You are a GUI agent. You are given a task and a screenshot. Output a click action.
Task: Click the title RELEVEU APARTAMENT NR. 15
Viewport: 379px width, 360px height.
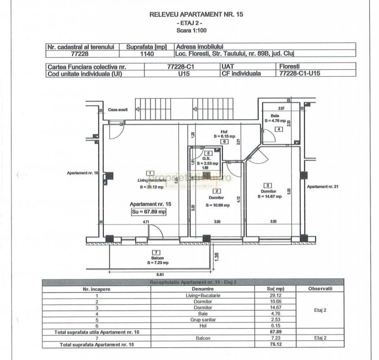[196, 15]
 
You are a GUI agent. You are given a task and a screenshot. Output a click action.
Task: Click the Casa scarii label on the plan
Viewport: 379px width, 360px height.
[118, 110]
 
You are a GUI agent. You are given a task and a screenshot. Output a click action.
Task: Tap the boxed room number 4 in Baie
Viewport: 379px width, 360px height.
[279, 130]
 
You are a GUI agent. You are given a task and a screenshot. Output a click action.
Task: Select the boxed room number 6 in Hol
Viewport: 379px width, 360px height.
[223, 141]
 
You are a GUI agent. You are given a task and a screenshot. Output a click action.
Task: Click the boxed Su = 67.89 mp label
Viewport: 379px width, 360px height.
[149, 211]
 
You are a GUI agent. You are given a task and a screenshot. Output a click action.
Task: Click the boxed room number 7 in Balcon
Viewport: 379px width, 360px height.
[156, 252]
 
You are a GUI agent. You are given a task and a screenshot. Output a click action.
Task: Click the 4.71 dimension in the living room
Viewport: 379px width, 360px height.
[146, 221]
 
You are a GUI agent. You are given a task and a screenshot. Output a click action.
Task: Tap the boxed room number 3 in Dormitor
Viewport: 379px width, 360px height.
[268, 185]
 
